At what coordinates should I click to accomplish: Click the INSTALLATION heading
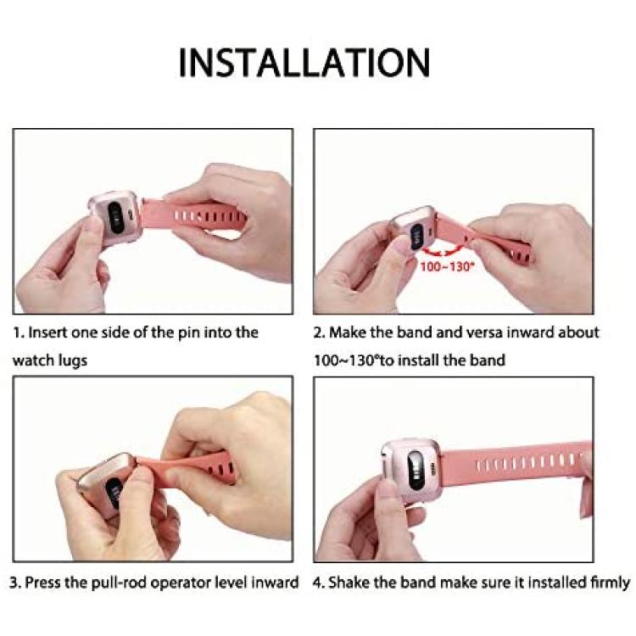click(x=304, y=63)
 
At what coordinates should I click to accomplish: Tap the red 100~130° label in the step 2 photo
click(x=447, y=267)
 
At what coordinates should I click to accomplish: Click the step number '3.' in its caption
click(x=16, y=583)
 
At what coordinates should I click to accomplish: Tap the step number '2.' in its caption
click(x=320, y=332)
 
